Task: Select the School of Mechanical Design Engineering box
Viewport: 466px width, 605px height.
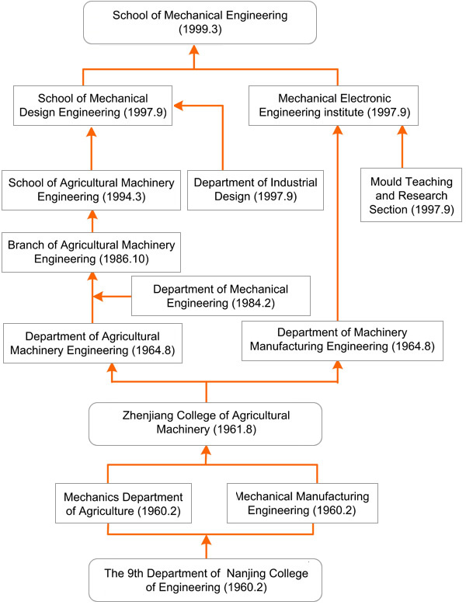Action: [x=92, y=106]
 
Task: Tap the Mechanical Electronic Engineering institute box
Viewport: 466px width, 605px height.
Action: [x=338, y=106]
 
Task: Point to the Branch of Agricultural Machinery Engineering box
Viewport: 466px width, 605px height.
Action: [x=91, y=252]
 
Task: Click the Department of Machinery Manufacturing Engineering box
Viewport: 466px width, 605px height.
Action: [x=341, y=339]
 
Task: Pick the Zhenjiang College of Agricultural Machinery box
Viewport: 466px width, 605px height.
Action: [x=206, y=423]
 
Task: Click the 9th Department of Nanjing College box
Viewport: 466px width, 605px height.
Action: [x=206, y=579]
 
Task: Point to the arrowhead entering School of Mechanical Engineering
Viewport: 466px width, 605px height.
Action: [x=195, y=49]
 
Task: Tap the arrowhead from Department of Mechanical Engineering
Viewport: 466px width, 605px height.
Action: [x=96, y=296]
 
